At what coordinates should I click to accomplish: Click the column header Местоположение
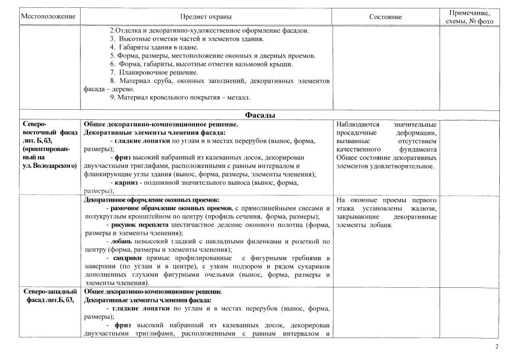(x=48, y=16)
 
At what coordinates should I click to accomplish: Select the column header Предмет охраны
(x=205, y=16)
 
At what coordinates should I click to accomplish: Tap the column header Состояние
(x=385, y=16)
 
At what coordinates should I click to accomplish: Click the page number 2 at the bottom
(x=496, y=346)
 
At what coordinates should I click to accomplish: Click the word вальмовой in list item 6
(x=255, y=64)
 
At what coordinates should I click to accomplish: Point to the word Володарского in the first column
(x=54, y=167)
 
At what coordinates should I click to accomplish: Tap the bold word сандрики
(x=127, y=257)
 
